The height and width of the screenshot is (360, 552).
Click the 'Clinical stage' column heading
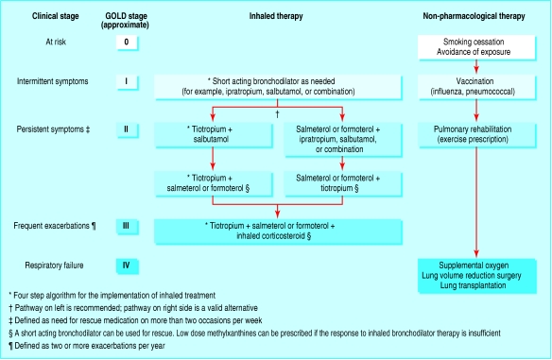coord(39,17)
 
